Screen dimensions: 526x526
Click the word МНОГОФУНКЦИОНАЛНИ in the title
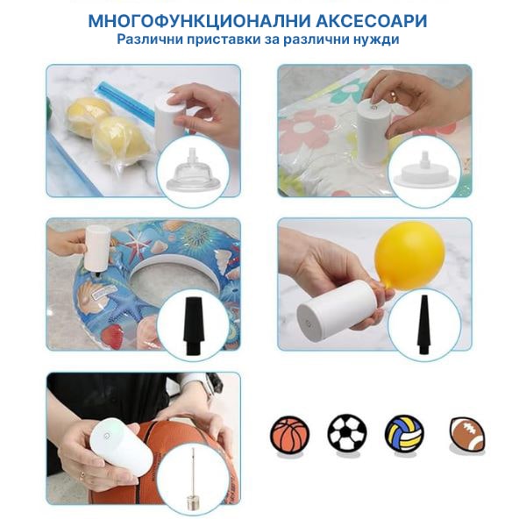click(199, 21)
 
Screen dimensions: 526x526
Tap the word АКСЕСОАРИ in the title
click(372, 21)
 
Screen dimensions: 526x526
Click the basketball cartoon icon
click(289, 435)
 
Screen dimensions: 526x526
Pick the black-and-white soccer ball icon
click(347, 433)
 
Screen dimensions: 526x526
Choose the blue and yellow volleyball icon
click(404, 434)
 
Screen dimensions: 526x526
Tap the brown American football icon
click(467, 435)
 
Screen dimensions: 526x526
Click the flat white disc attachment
click(424, 171)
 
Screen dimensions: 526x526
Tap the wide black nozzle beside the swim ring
click(193, 326)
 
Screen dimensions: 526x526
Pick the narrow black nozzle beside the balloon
click(424, 324)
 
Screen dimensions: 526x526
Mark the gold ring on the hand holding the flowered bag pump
click(392, 96)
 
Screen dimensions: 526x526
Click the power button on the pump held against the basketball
click(107, 436)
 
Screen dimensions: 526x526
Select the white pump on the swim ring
click(97, 249)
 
